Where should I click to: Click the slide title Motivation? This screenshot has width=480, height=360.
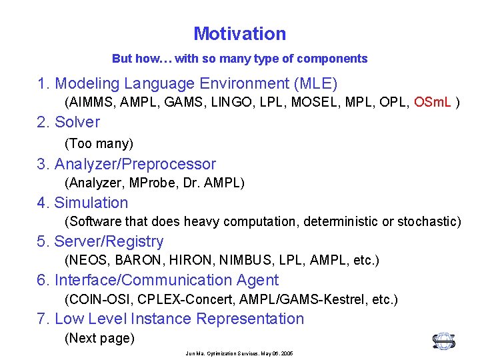click(x=239, y=33)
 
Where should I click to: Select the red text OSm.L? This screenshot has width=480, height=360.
click(x=432, y=103)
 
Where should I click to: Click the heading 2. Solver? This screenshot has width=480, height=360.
click(x=69, y=122)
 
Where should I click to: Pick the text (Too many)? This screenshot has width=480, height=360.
click(x=99, y=143)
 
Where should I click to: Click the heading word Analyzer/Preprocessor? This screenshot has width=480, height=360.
click(x=135, y=164)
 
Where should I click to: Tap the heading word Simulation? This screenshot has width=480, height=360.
click(x=91, y=203)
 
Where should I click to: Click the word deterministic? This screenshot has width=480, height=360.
click(x=341, y=221)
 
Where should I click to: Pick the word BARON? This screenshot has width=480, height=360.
click(x=128, y=260)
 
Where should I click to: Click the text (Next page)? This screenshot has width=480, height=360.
click(x=99, y=338)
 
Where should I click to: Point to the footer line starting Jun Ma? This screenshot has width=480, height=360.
click(x=239, y=353)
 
